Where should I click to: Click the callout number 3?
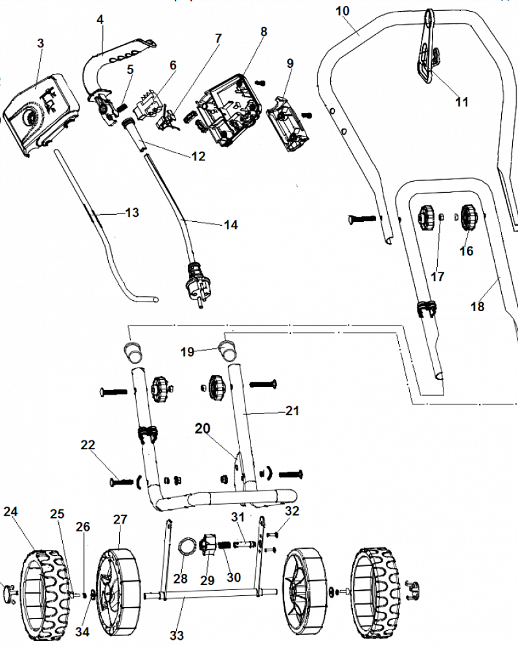pyautogui.click(x=41, y=43)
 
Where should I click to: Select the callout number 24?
pyautogui.click(x=10, y=512)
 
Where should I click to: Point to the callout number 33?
pyautogui.click(x=177, y=636)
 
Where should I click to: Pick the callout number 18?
pyautogui.click(x=477, y=307)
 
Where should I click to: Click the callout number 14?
pyautogui.click(x=231, y=225)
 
